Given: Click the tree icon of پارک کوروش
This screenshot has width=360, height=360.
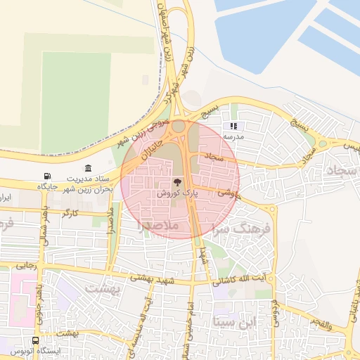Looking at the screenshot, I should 176,181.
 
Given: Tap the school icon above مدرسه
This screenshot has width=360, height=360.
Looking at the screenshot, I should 233,126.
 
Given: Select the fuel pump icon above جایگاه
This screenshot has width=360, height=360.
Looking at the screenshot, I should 47,176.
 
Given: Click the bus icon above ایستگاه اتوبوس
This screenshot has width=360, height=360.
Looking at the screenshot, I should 36,340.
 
